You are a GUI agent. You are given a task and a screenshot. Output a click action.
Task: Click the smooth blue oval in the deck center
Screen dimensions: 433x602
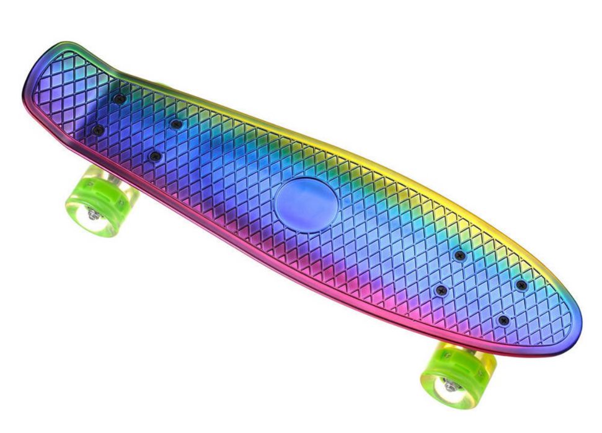point(307,205)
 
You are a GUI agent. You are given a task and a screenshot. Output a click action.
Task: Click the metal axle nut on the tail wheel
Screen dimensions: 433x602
point(93,214)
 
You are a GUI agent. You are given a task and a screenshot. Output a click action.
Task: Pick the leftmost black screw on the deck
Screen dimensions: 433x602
point(98,130)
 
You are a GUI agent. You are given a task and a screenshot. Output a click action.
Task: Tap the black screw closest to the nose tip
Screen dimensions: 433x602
point(521,285)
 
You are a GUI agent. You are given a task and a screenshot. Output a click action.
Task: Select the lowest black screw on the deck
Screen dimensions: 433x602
point(503,320)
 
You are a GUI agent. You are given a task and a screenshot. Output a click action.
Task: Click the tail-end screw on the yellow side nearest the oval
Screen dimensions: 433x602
point(177,125)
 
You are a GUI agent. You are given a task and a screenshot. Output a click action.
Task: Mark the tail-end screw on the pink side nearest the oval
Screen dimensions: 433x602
point(154,157)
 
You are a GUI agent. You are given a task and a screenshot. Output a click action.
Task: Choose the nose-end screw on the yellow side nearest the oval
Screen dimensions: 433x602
point(459,255)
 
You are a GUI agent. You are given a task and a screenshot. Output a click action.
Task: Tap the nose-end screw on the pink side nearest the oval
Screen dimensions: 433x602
point(441,291)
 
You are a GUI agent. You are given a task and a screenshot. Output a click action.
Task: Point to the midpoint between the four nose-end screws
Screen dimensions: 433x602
point(482,288)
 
